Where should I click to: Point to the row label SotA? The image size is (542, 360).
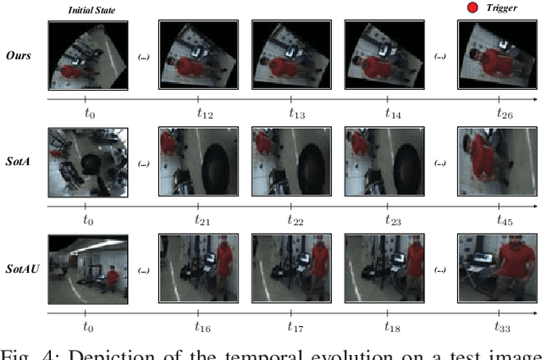19,160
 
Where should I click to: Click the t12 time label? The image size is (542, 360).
196,112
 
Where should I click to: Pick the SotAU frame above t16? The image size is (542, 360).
196,269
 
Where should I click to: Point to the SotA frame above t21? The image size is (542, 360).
196,161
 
